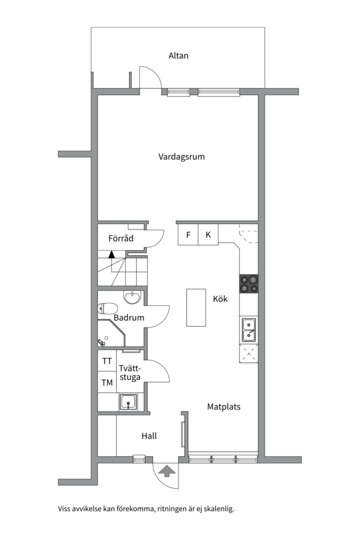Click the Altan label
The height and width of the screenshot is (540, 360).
178,55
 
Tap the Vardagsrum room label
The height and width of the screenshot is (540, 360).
181,156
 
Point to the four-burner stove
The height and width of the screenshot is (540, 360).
249,284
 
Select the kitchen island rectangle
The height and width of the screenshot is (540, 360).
196,307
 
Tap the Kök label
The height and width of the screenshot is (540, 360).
220,299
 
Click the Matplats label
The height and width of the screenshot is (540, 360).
223,406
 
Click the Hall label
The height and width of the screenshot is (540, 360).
149,436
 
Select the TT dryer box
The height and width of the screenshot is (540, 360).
107,361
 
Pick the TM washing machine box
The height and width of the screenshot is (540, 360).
107,383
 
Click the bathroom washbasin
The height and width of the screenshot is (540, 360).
132,298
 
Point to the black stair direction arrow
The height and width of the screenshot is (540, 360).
111,254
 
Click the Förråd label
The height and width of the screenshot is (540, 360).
121,238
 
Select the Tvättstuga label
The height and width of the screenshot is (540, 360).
130,373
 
